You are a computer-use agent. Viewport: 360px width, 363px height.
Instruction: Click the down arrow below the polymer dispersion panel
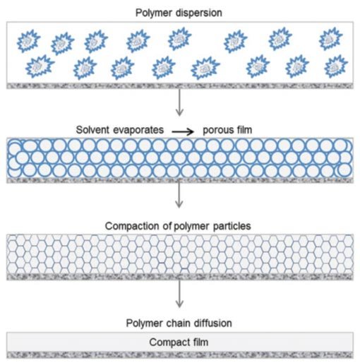180,105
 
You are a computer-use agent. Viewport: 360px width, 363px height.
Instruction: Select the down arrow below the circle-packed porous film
180,200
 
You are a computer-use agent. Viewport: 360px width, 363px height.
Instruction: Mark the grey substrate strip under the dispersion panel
180,86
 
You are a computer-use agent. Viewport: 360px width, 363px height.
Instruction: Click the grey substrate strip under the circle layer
180,180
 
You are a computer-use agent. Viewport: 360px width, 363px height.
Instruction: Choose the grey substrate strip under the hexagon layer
180,278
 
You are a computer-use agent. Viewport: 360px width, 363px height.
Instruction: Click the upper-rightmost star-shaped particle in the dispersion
330,39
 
